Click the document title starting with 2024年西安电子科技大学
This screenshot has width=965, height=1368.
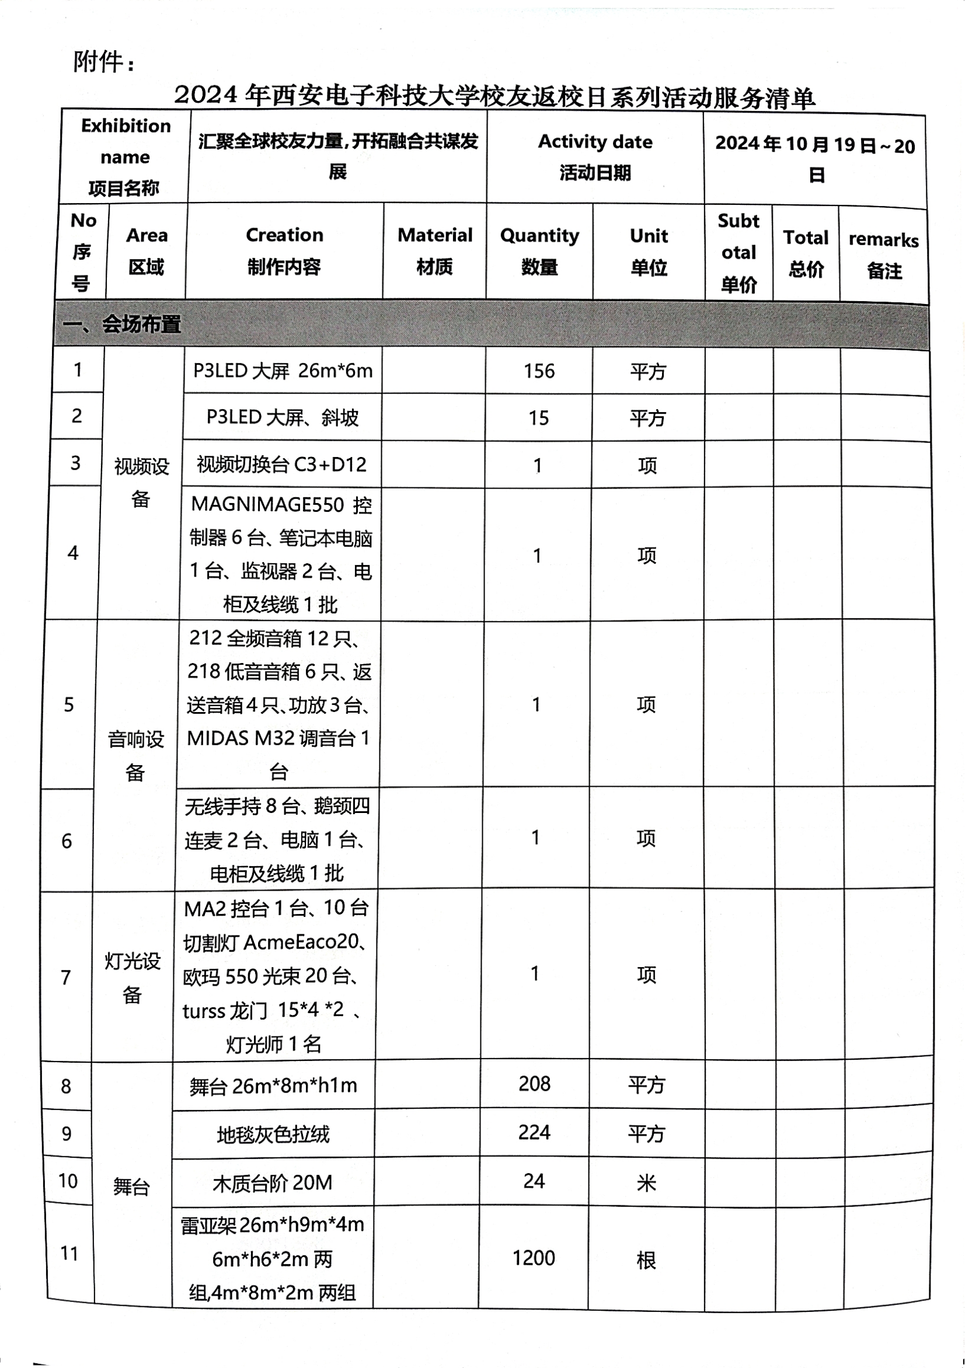(x=494, y=96)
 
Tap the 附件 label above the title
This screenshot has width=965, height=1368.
(x=104, y=61)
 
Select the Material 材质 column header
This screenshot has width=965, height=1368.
(x=434, y=251)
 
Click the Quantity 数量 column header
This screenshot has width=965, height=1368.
(x=539, y=251)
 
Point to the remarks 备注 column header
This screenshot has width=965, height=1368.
(x=883, y=254)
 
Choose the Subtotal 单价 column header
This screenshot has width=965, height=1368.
(x=738, y=253)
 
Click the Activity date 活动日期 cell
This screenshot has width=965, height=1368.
(x=595, y=156)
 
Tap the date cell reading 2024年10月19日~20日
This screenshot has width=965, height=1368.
(x=815, y=159)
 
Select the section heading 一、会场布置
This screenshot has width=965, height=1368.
(x=122, y=324)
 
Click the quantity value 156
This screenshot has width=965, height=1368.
(x=539, y=371)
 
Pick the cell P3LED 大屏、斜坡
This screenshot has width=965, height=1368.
(x=283, y=417)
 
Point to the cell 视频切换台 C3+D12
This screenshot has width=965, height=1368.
(x=281, y=464)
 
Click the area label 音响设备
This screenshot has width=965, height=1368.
(x=135, y=756)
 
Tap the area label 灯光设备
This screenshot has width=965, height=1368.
(x=133, y=977)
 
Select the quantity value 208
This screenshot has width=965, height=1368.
(x=534, y=1084)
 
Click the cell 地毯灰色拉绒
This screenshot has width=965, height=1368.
(x=273, y=1135)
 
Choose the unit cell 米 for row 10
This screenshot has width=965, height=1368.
(x=646, y=1182)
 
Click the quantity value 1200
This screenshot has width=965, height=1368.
(x=534, y=1258)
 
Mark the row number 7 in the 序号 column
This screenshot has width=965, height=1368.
(x=66, y=977)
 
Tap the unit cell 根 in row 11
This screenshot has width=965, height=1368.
(x=646, y=1260)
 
